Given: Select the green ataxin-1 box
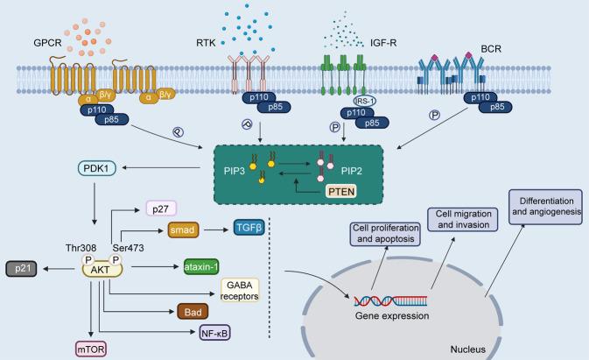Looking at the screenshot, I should pyautogui.click(x=206, y=264).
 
